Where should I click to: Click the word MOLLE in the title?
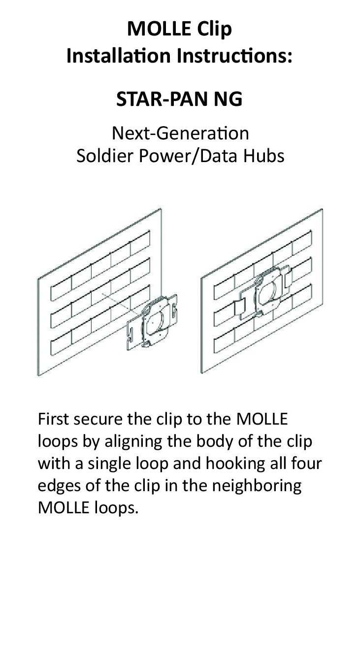[155, 30]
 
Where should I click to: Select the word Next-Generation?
[180, 133]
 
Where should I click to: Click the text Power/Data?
[191, 156]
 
